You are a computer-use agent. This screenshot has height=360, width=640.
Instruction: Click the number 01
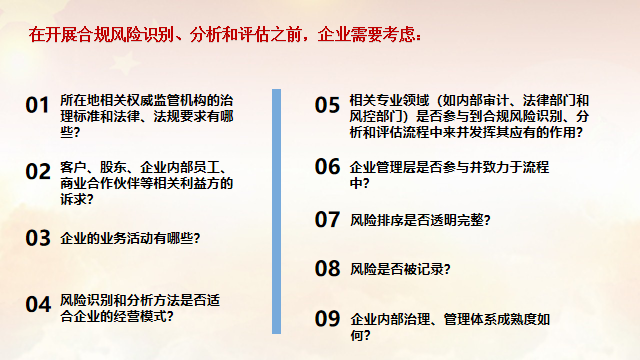[37, 105]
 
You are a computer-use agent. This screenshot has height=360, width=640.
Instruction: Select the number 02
[37, 171]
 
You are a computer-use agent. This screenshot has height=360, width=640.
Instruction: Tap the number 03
[37, 238]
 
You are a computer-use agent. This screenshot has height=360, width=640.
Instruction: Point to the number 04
[37, 303]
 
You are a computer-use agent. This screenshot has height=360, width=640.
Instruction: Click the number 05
[328, 105]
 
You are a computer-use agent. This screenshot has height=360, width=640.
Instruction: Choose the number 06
[328, 166]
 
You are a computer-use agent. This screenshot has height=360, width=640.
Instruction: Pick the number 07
[328, 219]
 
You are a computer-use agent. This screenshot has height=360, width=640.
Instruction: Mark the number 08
[328, 268]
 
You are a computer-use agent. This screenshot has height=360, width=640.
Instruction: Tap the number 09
[328, 319]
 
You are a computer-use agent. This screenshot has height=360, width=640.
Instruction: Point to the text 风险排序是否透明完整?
[421, 219]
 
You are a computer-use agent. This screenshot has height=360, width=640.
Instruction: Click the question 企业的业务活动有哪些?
[130, 238]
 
